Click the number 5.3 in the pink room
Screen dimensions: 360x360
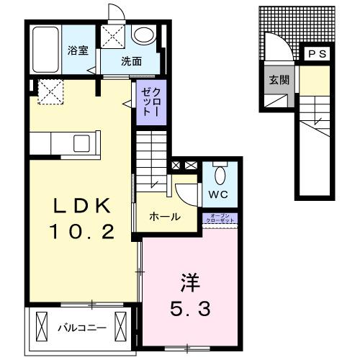click(189, 310)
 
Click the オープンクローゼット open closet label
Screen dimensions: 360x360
click(221, 219)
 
